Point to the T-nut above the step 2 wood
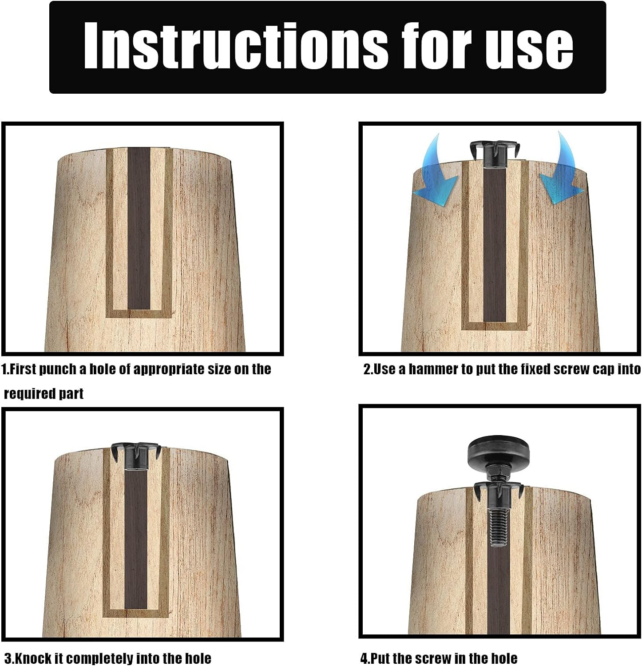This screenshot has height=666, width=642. [494, 154]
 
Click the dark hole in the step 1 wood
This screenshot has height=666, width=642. [139, 228]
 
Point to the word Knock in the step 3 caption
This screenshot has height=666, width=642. [34, 658]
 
